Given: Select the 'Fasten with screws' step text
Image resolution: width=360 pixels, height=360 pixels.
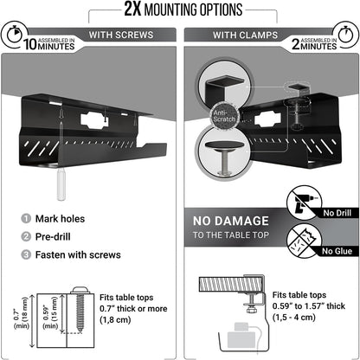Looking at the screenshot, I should (x=79, y=254).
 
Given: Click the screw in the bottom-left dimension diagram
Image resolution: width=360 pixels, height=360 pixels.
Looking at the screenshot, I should (x=80, y=315).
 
